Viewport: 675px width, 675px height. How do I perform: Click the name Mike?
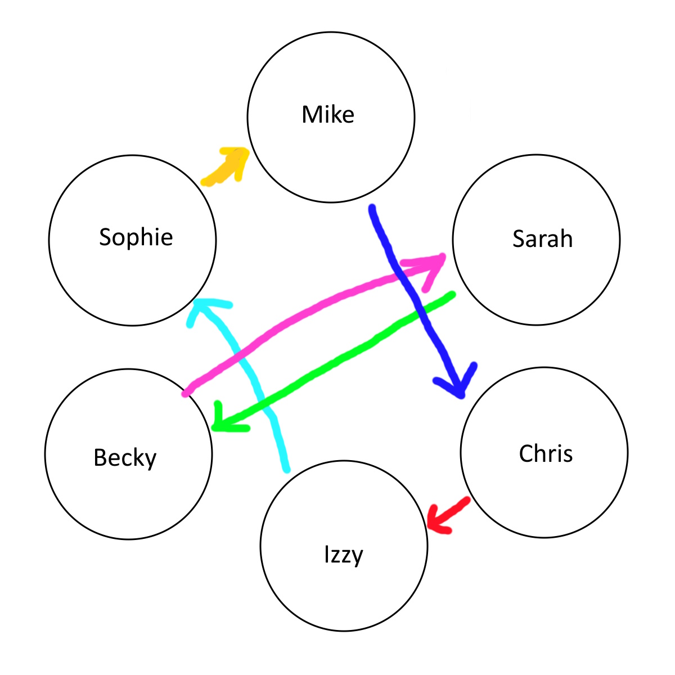(328, 115)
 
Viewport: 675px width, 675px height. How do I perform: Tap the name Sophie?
(136, 237)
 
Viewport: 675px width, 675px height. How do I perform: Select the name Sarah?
(542, 239)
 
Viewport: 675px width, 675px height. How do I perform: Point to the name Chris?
(546, 454)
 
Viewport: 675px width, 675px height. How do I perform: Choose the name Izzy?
(344, 555)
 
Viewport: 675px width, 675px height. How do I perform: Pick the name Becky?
(125, 457)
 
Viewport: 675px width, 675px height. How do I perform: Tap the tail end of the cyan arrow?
(286, 469)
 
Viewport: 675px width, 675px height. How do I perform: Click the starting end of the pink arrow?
(186, 393)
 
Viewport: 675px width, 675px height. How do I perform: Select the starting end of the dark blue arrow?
(372, 208)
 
